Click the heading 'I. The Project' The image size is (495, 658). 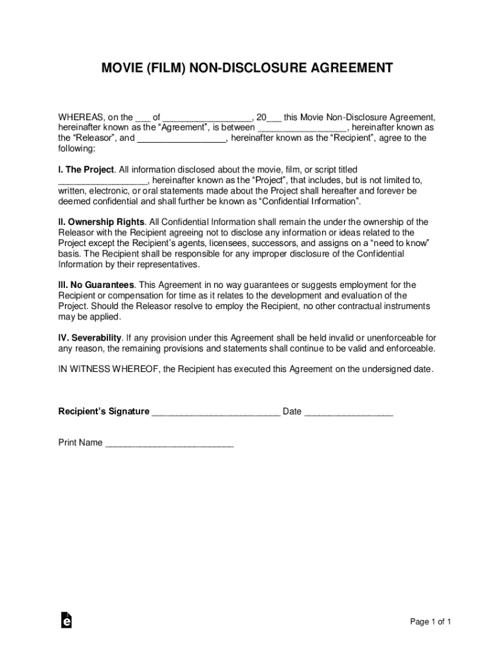click(86, 170)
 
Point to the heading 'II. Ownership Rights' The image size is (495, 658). click(101, 222)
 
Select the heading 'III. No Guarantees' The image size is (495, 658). click(96, 285)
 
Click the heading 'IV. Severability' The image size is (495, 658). click(90, 338)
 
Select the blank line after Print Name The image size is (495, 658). click(169, 444)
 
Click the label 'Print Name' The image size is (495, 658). click(80, 443)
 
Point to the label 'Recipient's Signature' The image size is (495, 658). click(104, 412)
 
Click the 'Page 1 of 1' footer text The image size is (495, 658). click(431, 621)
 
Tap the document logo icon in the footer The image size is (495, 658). click(66, 619)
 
